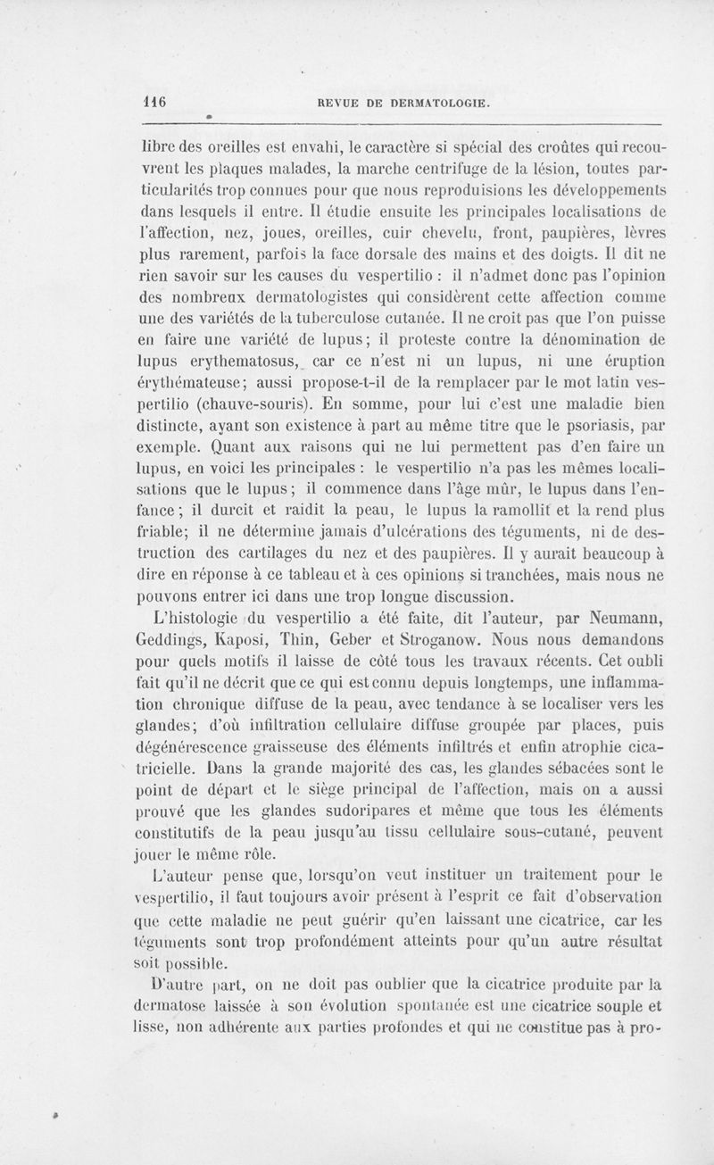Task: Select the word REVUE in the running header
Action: pos(339,103)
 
